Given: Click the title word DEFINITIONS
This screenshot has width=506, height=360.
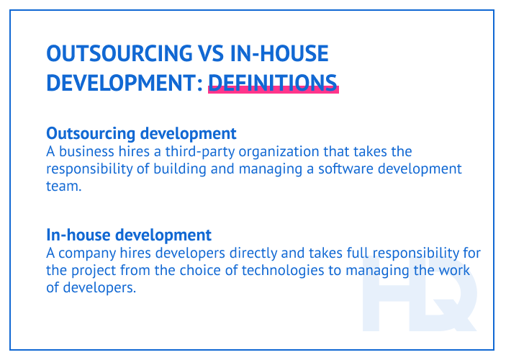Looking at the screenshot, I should tap(273, 81).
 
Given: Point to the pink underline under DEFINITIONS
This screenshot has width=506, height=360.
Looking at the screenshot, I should tap(273, 91).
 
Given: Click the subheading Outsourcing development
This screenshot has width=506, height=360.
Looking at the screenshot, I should tap(141, 134).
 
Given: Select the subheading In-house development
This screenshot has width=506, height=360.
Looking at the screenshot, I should tap(129, 235).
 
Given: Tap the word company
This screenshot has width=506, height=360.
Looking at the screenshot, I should tap(90, 253).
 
